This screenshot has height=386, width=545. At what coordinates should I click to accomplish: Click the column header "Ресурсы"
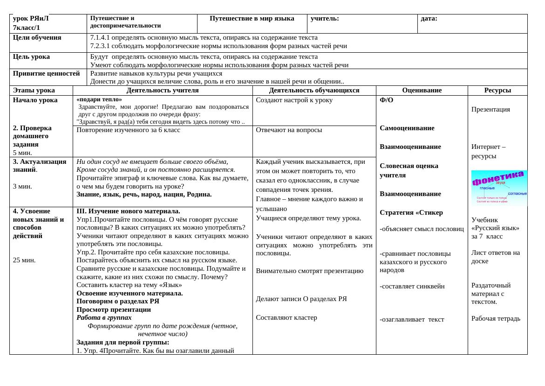pyautogui.click(x=497, y=91)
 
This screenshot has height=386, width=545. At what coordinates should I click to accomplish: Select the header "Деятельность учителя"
pyautogui.click(x=163, y=91)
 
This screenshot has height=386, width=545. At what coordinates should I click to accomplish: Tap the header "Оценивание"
pyautogui.click(x=422, y=91)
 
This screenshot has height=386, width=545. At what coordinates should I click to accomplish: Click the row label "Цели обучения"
pyautogui.click(x=37, y=38)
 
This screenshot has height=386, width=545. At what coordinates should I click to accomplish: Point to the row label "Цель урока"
pyautogui.click(x=31, y=57)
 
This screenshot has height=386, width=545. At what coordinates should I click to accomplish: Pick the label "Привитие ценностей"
pyautogui.click(x=47, y=73)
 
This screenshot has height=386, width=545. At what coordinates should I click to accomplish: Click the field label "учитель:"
pyautogui.click(x=325, y=19)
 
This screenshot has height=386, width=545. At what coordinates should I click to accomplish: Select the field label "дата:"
pyautogui.click(x=429, y=19)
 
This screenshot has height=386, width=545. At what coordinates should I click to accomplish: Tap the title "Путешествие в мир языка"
pyautogui.click(x=252, y=19)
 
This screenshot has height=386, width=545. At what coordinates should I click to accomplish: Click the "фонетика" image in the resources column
pyautogui.click(x=499, y=188)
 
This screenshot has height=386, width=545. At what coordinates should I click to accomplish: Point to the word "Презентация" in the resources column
pyautogui.click(x=490, y=109)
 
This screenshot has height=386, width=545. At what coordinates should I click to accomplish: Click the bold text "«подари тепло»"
pyautogui.click(x=99, y=99)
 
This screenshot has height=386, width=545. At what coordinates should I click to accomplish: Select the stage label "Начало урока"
pyautogui.click(x=35, y=100)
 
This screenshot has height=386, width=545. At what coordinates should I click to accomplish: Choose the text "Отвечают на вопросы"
pyautogui.click(x=289, y=130)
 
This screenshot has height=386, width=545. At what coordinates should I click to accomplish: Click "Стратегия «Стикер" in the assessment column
pyautogui.click(x=411, y=212)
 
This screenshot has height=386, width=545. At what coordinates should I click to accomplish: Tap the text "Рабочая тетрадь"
pyautogui.click(x=496, y=318)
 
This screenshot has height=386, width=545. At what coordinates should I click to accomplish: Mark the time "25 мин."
pyautogui.click(x=24, y=260)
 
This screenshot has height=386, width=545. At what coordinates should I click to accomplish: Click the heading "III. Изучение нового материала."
pyautogui.click(x=128, y=211)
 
